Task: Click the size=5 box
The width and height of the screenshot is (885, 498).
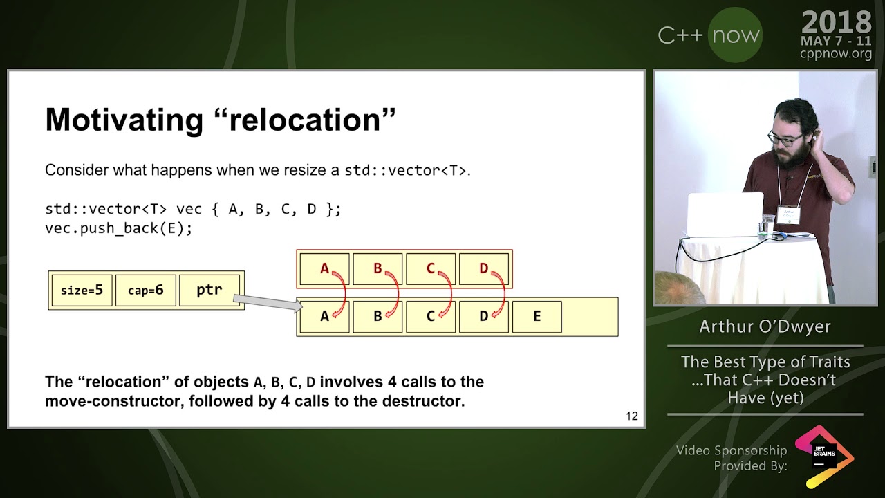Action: coord(82,290)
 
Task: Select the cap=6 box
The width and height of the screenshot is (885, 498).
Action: coord(146,290)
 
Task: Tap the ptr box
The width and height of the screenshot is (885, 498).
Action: coord(209,290)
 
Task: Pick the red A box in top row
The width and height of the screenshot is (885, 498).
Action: coord(324,268)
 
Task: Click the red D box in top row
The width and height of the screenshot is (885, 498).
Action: coord(483,268)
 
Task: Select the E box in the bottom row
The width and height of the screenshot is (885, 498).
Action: coord(537,317)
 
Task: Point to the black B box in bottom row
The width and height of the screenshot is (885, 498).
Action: coord(378,317)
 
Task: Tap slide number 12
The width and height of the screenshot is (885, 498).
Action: coord(631,416)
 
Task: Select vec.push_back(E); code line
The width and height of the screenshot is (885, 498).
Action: coord(118,228)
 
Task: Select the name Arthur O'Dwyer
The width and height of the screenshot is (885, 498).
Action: coord(765,326)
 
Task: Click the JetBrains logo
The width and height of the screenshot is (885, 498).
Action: coord(824,457)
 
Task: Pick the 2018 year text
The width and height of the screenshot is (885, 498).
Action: coord(837,23)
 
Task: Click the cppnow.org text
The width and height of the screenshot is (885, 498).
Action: coord(836,54)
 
